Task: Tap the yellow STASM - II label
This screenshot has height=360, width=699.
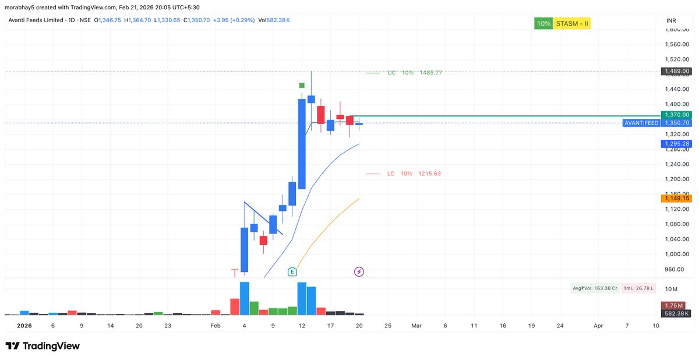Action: click(573, 24)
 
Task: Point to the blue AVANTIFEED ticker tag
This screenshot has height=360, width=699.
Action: click(641, 123)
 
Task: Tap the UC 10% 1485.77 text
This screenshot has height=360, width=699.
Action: click(414, 73)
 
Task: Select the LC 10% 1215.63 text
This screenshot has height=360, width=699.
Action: click(414, 174)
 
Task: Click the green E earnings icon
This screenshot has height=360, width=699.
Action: click(292, 271)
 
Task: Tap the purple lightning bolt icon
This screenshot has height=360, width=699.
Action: click(359, 271)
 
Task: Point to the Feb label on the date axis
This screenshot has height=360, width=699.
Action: click(216, 326)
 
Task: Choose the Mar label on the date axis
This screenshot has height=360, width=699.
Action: click(416, 326)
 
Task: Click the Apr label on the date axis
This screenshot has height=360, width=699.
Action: click(598, 326)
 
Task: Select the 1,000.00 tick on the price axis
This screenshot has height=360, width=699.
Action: click(677, 254)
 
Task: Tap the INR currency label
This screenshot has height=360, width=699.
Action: click(671, 21)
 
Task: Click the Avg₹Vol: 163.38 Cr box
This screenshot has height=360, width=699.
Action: click(595, 288)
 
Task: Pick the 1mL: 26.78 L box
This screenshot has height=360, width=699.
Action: click(638, 288)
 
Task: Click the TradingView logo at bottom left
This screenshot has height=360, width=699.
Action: click(43, 346)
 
